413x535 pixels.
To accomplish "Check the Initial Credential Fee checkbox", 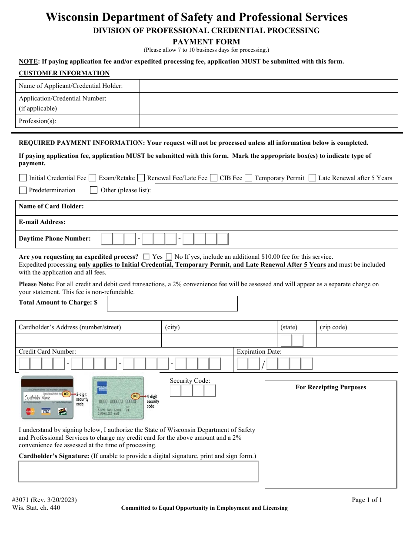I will (23, 178).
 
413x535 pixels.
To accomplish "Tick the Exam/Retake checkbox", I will (93, 178).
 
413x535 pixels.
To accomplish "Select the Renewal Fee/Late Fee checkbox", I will (141, 178).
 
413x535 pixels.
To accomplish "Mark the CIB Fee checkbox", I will (213, 178).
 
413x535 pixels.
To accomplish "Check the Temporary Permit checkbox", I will (248, 178).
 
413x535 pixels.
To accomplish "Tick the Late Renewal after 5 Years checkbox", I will (312, 178).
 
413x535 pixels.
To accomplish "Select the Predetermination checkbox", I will (23, 190).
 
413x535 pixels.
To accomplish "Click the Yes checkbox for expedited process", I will (146, 257).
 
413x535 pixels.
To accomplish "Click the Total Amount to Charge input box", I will (172, 304).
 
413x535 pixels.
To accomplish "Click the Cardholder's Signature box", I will (138, 471).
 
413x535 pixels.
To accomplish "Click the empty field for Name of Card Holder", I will (248, 207).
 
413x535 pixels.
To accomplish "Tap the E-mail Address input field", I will (248, 223).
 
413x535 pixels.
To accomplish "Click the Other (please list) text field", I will (276, 192).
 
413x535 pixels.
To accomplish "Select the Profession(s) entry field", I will (268, 121).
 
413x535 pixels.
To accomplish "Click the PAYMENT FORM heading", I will (206, 42).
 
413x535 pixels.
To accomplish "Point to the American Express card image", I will (117, 398).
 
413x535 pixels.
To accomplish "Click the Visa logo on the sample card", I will (46, 411).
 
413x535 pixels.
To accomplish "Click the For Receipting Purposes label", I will (331, 387).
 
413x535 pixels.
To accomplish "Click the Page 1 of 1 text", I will (367, 500).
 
